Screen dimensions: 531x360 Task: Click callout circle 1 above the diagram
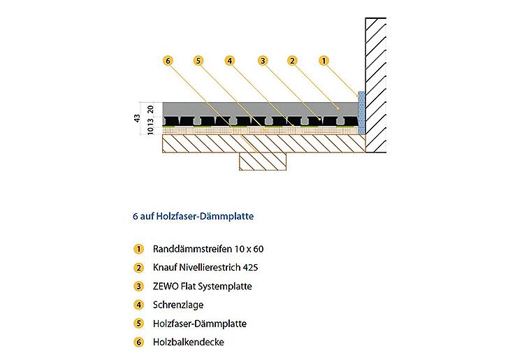point(323,61)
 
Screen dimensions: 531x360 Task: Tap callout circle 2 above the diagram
point(292,61)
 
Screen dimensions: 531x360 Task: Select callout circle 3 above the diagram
point(263,61)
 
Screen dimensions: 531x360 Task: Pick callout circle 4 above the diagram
point(230,61)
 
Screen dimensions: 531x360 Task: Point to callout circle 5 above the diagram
point(198,61)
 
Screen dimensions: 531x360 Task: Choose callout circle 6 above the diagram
point(168,61)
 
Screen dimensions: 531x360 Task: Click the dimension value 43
point(137,118)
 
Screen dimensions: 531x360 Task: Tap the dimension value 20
point(151,109)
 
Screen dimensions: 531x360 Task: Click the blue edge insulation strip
point(361,112)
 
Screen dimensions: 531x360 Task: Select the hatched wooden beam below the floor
point(263,161)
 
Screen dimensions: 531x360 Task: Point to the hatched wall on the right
point(376,85)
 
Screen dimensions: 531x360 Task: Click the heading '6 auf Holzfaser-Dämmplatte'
point(193,217)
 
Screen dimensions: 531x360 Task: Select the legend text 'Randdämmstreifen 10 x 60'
point(208,250)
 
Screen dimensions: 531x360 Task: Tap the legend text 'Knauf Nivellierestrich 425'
point(205,268)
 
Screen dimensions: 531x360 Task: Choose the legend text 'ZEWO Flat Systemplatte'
point(203,287)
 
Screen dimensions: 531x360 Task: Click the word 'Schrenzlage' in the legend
point(178,305)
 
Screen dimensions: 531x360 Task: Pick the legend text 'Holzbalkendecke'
point(188,342)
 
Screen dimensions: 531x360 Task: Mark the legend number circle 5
point(138,324)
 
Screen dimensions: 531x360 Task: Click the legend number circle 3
point(138,287)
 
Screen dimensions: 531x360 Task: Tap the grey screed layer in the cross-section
point(261,109)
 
